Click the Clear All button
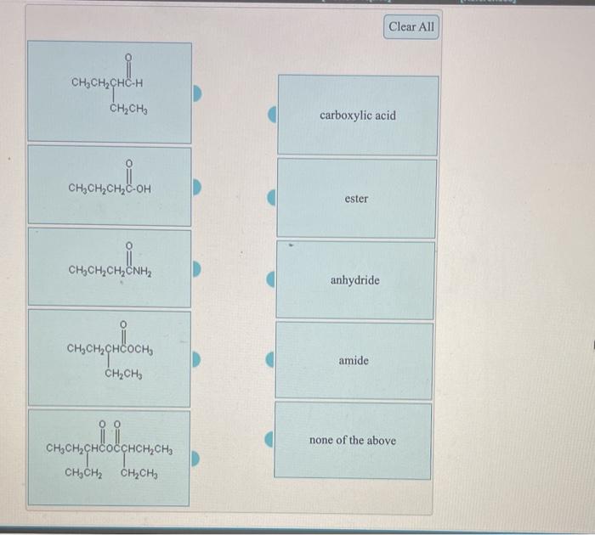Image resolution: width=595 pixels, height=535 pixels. (x=411, y=27)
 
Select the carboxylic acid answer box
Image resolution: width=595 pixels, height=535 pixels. (x=358, y=115)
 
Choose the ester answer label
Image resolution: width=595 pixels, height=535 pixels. (x=357, y=199)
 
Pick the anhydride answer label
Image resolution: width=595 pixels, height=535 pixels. (x=355, y=280)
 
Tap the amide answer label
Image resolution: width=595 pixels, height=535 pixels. (x=354, y=361)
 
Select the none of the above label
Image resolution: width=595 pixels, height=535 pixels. (x=353, y=441)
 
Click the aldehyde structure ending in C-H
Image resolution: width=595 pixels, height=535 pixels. (x=109, y=93)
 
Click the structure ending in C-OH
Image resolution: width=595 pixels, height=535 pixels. (x=109, y=185)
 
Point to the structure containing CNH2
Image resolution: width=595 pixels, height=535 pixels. (x=109, y=267)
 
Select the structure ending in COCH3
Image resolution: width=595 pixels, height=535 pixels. (x=109, y=357)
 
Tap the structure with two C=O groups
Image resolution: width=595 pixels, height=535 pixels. (x=109, y=457)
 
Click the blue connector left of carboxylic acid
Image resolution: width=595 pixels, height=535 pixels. (x=272, y=115)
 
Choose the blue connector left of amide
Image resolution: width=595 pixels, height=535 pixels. (x=272, y=361)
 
